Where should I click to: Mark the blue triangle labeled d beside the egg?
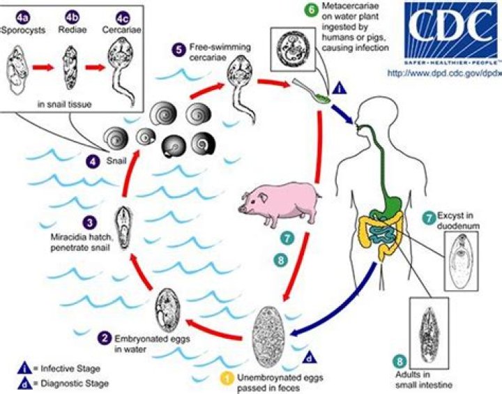310,358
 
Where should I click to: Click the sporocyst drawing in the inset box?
19,68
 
